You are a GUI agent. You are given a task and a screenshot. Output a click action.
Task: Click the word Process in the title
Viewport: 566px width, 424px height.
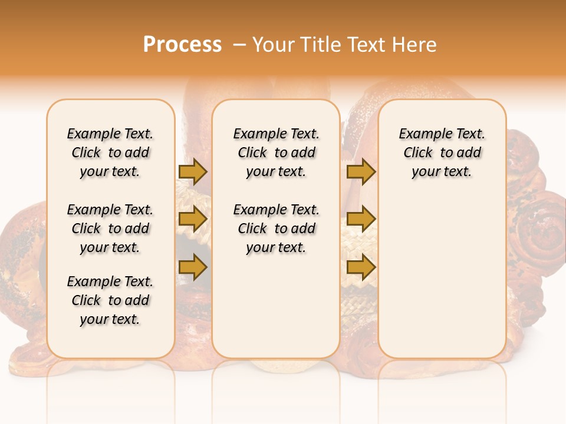[182, 45]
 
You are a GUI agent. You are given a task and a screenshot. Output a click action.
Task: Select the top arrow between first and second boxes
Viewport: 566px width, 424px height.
[193, 171]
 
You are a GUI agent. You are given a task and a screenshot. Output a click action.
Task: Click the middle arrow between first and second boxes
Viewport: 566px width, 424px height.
[193, 219]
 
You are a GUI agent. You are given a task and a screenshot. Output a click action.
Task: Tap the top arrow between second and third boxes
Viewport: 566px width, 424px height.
[361, 171]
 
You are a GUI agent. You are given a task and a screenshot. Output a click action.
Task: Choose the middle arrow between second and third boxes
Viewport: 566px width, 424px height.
[361, 219]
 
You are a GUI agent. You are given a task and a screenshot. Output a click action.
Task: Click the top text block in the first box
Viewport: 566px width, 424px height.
[110, 153]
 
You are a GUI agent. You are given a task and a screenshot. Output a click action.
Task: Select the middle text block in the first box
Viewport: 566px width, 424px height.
[110, 228]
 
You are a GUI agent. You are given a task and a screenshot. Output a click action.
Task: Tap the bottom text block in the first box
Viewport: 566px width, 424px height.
[110, 300]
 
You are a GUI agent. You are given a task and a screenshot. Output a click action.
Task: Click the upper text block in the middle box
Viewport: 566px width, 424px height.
[276, 153]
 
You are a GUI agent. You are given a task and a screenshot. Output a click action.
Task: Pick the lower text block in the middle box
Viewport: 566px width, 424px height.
[276, 228]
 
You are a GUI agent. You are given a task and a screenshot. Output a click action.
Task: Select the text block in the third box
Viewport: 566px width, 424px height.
[442, 153]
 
